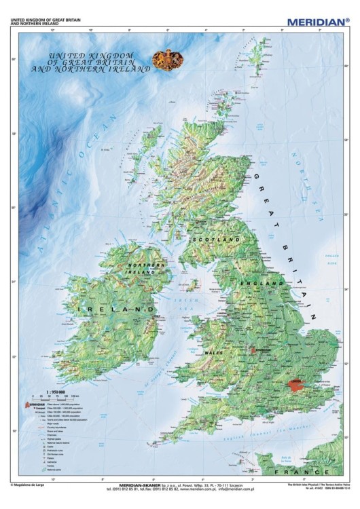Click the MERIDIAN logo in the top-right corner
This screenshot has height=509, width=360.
coord(317,22)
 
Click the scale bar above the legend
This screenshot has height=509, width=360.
coord(54,397)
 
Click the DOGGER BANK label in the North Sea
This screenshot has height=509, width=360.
coord(331,259)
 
